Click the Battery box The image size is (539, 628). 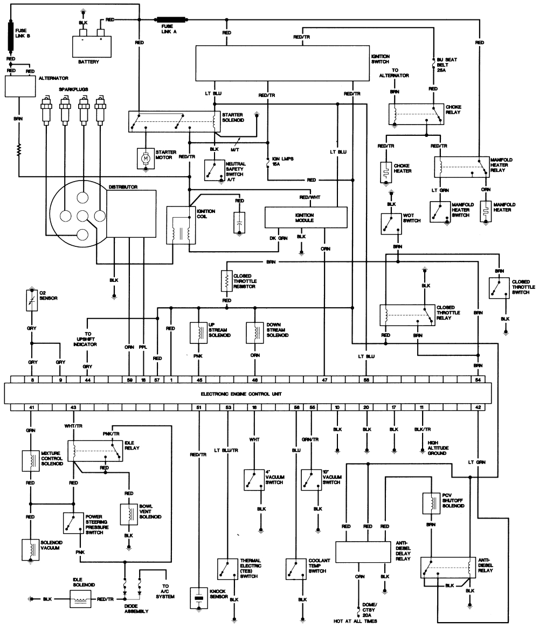(x=92, y=45)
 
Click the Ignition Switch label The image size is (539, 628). (x=380, y=59)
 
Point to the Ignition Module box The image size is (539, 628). (x=305, y=218)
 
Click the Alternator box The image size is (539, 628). (x=19, y=86)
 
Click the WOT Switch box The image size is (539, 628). (x=390, y=224)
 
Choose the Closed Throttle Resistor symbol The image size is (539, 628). (x=226, y=281)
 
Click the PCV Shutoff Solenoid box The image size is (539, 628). (x=432, y=502)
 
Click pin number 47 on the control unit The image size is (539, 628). (x=324, y=379)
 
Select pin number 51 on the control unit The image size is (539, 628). (x=199, y=407)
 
